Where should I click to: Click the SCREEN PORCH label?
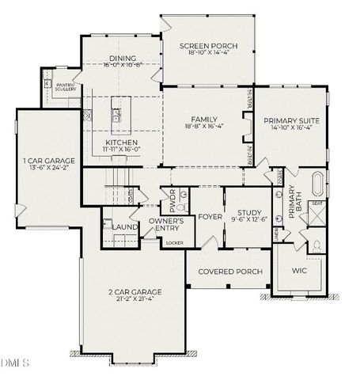coord(209,45)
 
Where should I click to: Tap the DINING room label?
coord(122,58)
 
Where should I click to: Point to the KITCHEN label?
coord(122,142)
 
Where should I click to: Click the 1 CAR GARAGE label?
coord(49,161)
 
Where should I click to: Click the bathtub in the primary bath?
coord(318,186)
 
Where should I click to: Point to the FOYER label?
coord(210,216)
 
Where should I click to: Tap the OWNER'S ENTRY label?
coord(166,224)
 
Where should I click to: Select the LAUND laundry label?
coord(125,227)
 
